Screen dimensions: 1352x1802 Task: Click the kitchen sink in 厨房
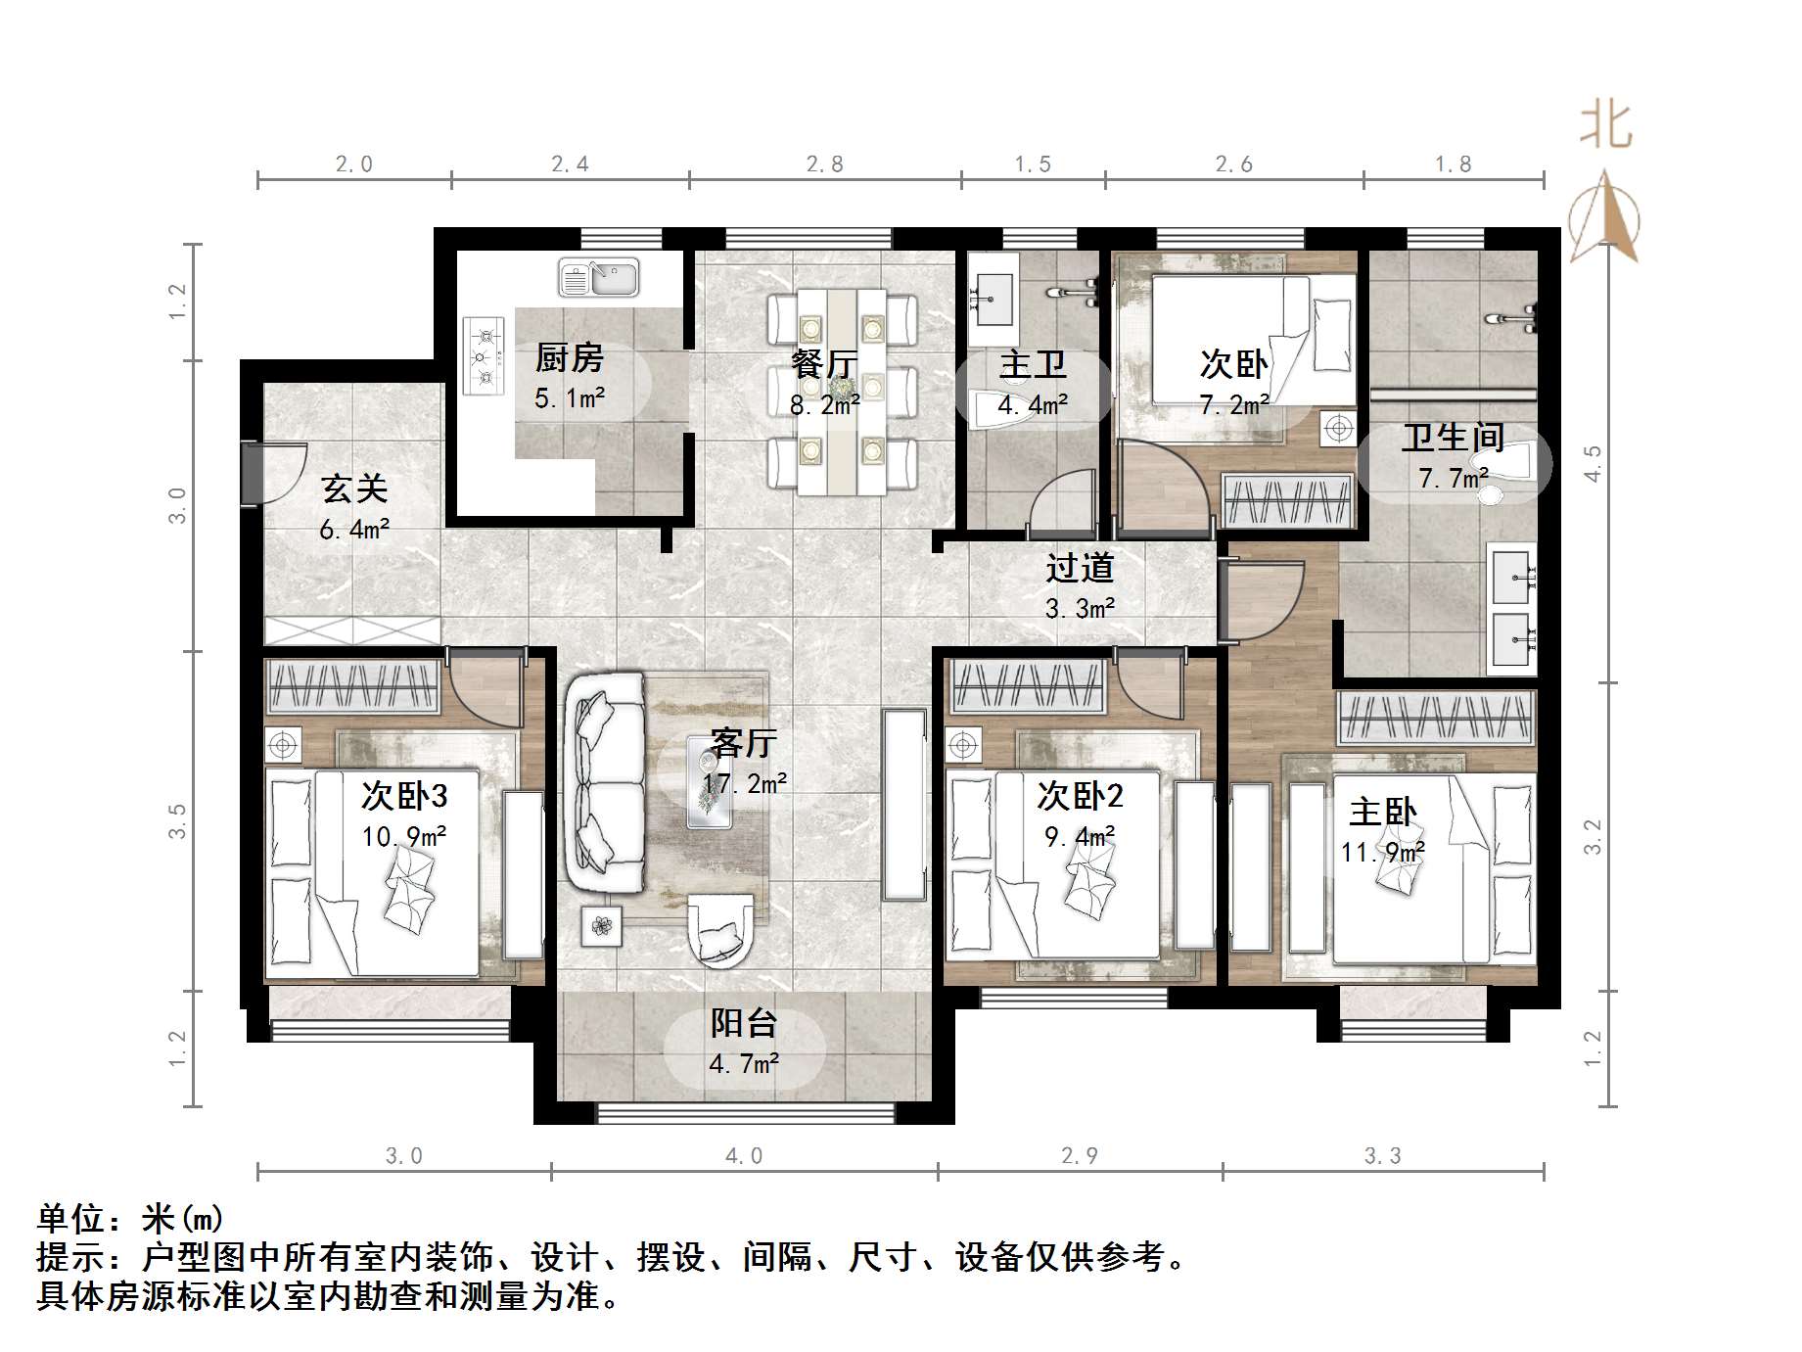[598, 279]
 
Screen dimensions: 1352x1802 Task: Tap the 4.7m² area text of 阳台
[744, 1063]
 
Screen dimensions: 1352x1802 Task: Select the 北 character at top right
[1605, 126]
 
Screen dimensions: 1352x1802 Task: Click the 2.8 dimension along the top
[824, 164]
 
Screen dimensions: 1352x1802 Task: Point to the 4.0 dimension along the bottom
[744, 1156]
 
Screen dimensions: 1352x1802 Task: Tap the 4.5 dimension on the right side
[1593, 463]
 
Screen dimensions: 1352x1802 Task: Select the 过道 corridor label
[1079, 568]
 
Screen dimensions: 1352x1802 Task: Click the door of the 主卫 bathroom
[1062, 504]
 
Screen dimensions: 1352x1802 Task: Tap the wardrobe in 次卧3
[353, 686]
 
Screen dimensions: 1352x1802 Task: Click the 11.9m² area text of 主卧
[1382, 853]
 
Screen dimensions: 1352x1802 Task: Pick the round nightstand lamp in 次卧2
[964, 746]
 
